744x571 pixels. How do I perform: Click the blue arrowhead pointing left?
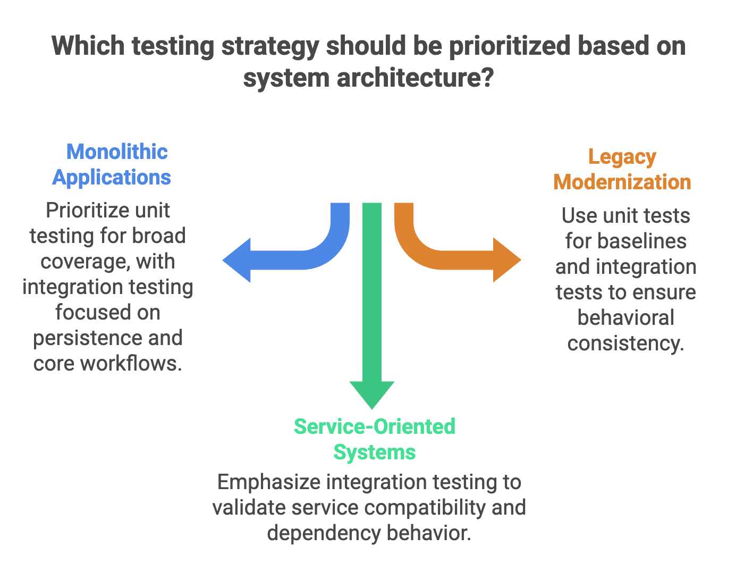coord(237,260)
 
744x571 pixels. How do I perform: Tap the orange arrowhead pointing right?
coord(506,260)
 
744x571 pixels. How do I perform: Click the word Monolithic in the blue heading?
coord(117,152)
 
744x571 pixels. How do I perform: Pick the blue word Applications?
coord(112,178)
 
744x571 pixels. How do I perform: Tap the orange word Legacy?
coord(622,157)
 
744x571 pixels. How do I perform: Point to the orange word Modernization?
coord(622,182)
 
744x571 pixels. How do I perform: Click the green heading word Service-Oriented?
coord(375,426)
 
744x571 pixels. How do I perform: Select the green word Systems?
coord(375,452)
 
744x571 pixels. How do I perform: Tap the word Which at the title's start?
coord(88,46)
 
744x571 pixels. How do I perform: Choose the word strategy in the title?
coord(270,46)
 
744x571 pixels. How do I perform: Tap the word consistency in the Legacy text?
coord(625,343)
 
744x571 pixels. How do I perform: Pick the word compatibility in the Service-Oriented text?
coord(425,508)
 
